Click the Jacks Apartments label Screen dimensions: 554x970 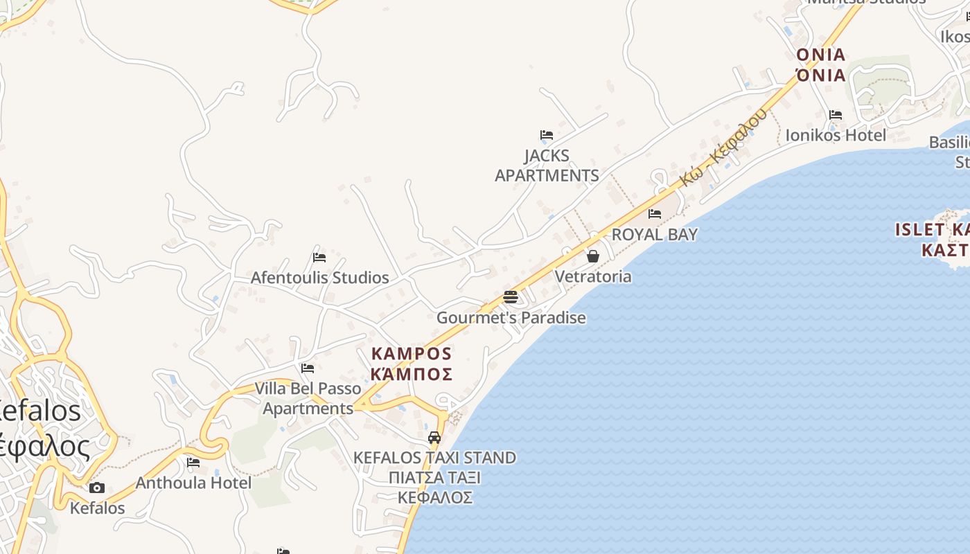tap(547, 166)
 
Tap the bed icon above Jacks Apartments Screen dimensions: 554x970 tap(547, 134)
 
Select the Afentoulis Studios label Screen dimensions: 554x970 tap(319, 278)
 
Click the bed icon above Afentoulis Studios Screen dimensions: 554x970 tap(319, 257)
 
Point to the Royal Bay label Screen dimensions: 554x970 tap(654, 235)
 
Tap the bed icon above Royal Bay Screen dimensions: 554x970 tap(655, 213)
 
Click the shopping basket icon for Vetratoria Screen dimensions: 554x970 tap(593, 256)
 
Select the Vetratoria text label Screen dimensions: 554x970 tap(593, 277)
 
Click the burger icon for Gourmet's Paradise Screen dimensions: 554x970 tap(511, 298)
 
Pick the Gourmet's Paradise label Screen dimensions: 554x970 tap(511, 318)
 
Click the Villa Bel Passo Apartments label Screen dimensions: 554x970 tap(308, 398)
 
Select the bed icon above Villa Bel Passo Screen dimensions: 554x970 tap(308, 368)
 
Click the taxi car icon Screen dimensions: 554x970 tap(434, 438)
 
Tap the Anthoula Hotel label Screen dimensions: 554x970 tap(193, 483)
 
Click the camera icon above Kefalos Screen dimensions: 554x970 tap(97, 488)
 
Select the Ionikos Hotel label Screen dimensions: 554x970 tap(836, 135)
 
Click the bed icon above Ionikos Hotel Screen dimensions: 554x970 tap(836, 114)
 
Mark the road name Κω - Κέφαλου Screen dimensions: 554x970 tap(723, 148)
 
